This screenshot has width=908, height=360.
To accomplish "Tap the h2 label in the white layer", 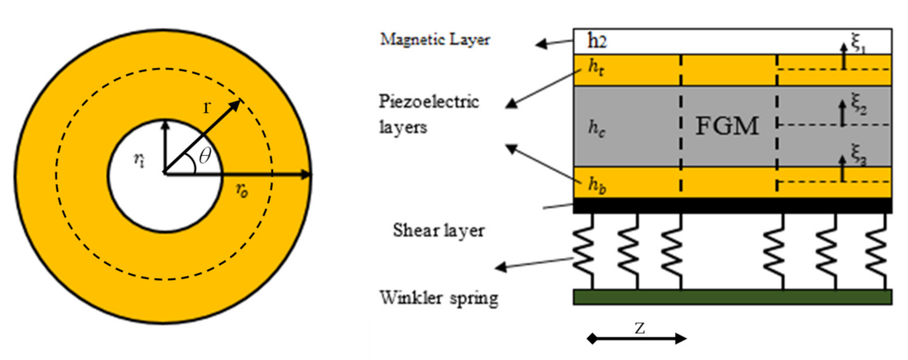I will click(x=597, y=41).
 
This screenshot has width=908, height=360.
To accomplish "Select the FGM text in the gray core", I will click(x=727, y=126).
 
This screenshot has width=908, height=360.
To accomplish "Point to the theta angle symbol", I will click(x=205, y=155).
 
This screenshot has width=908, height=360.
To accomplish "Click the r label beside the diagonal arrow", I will click(x=207, y=107).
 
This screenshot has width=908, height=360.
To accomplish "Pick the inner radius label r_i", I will click(x=139, y=160).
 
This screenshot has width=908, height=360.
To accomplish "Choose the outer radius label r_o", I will click(x=242, y=190).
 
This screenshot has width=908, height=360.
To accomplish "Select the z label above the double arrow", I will click(x=640, y=328).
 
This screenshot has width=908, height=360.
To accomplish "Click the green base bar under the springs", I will click(x=732, y=297).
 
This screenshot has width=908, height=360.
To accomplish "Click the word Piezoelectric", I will click(x=429, y=102).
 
